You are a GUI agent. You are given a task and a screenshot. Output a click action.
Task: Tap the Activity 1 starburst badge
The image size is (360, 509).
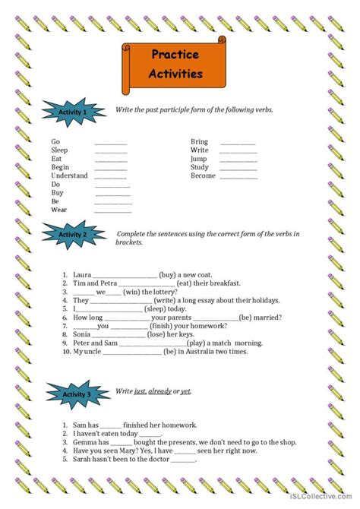click(74, 112)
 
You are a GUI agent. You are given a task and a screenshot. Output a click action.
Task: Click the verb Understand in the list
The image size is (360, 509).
click(69, 175)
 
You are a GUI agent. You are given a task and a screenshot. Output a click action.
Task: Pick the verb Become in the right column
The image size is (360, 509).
click(203, 175)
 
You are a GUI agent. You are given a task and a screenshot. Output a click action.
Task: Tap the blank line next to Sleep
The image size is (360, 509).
click(111, 150)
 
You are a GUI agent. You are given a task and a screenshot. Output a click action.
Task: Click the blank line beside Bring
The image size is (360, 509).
click(238, 142)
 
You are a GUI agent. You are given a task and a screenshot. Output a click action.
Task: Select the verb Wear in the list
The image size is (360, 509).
click(59, 209)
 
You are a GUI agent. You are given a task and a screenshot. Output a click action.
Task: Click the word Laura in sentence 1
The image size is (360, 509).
click(83, 274)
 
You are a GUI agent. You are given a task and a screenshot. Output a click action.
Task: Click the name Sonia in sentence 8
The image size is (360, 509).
click(81, 334)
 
